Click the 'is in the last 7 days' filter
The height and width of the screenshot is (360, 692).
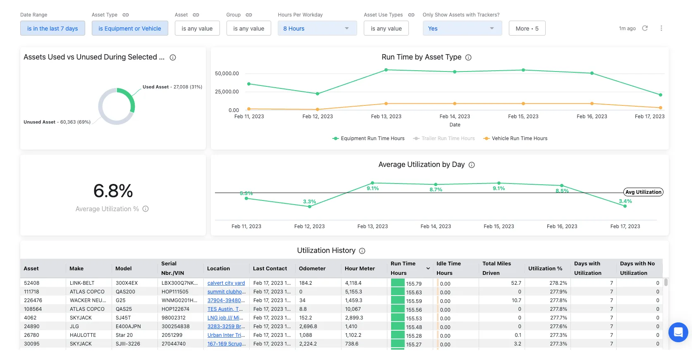(52, 29)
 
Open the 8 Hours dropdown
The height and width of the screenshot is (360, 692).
(317, 29)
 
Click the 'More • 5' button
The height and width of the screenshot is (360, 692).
(527, 29)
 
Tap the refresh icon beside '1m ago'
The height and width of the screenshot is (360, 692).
(645, 28)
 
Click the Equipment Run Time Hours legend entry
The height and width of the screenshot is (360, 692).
(369, 138)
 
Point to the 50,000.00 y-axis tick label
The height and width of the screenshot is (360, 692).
(227, 74)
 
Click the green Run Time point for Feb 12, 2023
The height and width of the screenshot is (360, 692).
(317, 94)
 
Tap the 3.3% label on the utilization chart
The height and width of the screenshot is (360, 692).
(309, 202)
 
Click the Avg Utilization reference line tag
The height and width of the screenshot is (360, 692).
(643, 192)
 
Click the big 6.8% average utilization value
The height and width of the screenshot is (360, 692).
(113, 191)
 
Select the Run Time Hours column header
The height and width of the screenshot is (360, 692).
(403, 268)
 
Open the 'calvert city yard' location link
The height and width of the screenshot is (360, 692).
(226, 283)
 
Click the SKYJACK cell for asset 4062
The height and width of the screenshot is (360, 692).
(81, 318)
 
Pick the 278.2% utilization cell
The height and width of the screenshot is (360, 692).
(558, 283)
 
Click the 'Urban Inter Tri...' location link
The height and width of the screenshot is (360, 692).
(226, 335)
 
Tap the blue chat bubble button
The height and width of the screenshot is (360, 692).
(678, 332)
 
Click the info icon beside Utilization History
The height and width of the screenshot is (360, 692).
(362, 251)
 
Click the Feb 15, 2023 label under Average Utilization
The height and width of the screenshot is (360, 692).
(499, 226)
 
